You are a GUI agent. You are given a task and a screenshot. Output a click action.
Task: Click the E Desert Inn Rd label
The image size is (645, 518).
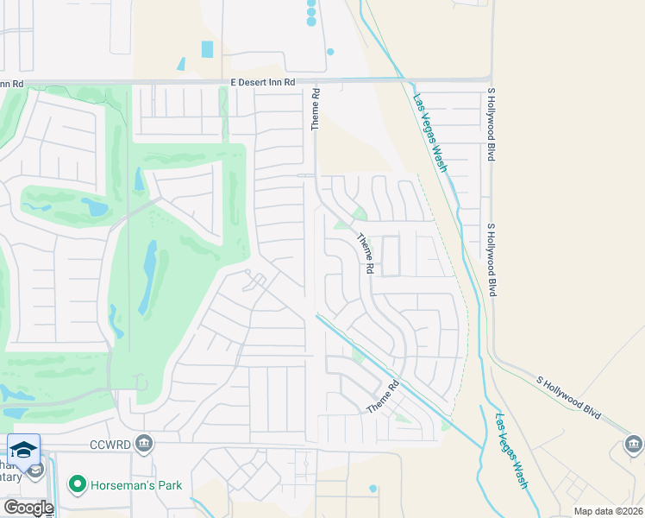tap(263, 83)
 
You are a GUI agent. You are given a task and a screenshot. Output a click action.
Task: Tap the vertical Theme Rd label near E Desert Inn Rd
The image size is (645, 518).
tap(316, 110)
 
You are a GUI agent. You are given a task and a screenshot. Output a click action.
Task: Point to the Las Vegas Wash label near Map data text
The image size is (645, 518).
tap(510, 451)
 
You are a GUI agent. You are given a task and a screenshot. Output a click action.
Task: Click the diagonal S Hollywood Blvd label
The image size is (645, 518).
tap(568, 397)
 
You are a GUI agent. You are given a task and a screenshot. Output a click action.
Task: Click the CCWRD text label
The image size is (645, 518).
tap(113, 445)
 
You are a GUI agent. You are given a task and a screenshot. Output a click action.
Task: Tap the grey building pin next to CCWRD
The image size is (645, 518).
tap(144, 444)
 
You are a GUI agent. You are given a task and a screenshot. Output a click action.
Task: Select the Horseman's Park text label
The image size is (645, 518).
tap(137, 485)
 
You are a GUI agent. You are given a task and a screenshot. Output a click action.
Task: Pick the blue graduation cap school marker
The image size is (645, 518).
tap(24, 449)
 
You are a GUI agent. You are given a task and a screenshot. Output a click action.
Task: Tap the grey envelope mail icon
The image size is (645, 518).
tap(35, 471)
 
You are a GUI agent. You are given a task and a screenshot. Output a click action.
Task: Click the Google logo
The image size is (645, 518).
tap(28, 507)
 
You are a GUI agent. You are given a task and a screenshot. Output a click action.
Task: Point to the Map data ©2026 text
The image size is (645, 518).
tap(607, 511)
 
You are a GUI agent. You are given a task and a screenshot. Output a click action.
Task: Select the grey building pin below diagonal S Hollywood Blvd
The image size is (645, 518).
tap(633, 445)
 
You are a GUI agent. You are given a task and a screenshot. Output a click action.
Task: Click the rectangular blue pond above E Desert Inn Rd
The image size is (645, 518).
tap(207, 49)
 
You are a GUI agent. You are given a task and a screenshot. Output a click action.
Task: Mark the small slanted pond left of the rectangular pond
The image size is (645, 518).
tap(181, 64)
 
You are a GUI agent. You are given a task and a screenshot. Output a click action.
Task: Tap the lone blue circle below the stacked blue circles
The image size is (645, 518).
tap(330, 52)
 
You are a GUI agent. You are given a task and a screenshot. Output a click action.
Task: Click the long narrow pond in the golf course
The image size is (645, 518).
tap(147, 276)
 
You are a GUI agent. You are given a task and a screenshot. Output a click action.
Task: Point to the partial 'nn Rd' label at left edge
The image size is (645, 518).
tap(11, 84)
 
